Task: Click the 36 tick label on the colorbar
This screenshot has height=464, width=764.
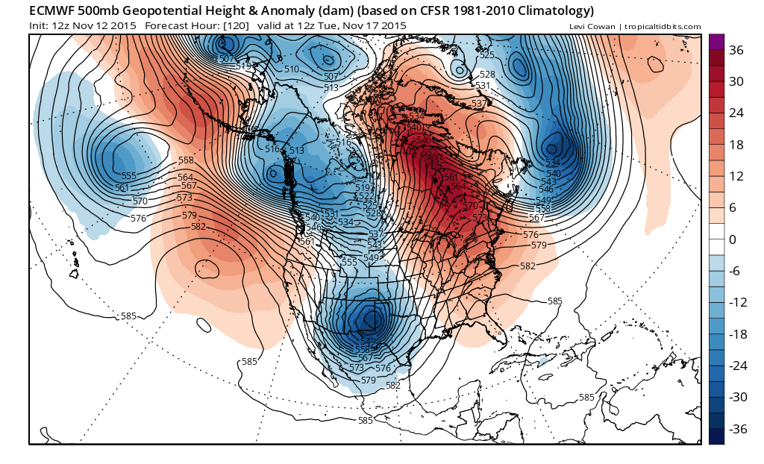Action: pyautogui.click(x=736, y=50)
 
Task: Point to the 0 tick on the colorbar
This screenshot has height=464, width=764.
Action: pyautogui.click(x=733, y=239)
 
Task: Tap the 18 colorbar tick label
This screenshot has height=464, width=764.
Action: pyautogui.click(x=736, y=145)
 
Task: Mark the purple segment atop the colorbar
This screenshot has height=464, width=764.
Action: pyautogui.click(x=716, y=42)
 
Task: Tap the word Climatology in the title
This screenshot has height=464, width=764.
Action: pyautogui.click(x=554, y=11)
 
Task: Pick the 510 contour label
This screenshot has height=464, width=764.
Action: pyautogui.click(x=292, y=69)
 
